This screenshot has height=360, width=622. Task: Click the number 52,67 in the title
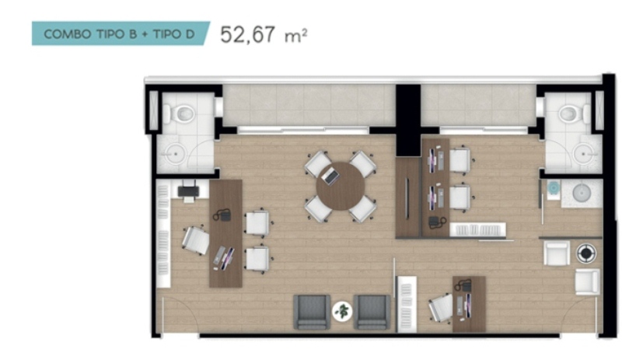247,34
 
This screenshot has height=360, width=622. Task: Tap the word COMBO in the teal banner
68,34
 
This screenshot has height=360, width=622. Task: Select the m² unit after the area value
295,36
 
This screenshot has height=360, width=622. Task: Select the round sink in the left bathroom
173,154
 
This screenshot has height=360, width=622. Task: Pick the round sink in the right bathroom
584,153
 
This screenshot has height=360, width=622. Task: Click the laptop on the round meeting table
330,176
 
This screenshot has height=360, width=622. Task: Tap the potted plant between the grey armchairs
342,311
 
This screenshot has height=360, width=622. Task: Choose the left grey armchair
312,312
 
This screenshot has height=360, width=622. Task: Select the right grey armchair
372,312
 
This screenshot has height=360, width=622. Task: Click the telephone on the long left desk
222,215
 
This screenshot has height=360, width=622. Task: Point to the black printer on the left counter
188,191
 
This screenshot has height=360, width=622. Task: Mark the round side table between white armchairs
586,253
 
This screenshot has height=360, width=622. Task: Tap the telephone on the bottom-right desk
463,285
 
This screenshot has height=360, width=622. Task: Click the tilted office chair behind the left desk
196,240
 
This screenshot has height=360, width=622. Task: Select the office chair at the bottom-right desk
441,308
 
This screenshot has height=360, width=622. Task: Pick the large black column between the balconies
408,120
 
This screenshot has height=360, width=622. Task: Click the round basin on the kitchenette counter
582,194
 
